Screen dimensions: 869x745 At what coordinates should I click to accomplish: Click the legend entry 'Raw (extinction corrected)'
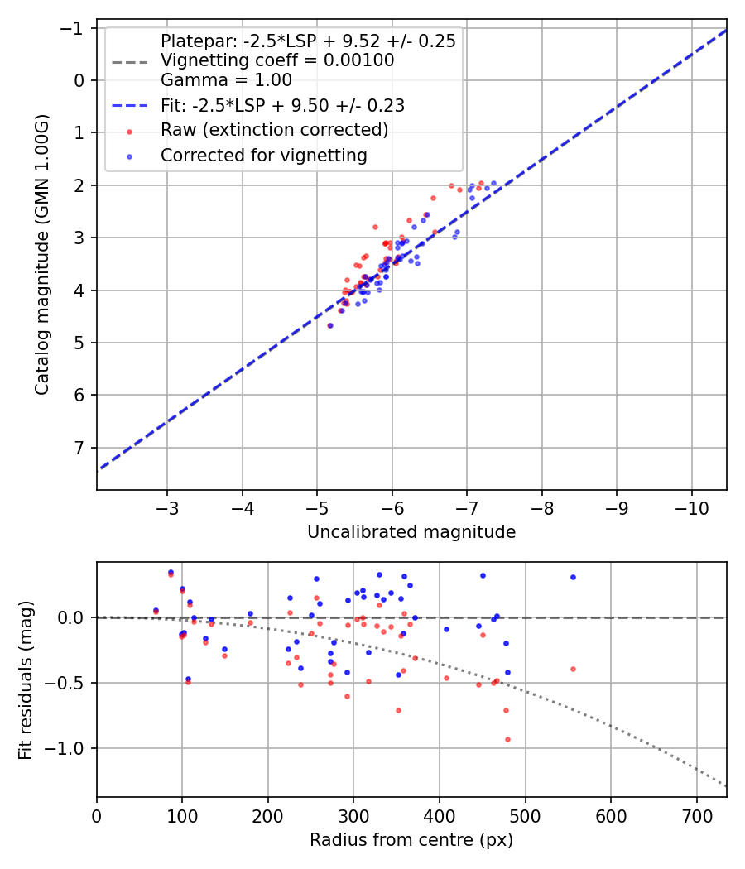pos(274,131)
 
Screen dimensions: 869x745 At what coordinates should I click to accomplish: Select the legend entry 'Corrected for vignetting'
pos(263,155)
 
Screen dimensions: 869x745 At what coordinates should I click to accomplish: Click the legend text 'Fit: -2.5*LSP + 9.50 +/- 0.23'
pos(282,106)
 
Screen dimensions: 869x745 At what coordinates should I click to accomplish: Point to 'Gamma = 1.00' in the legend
pos(226,81)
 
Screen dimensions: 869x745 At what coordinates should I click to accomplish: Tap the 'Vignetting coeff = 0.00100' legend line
pos(277,60)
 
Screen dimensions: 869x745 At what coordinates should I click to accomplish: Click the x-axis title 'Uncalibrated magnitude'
pos(411,532)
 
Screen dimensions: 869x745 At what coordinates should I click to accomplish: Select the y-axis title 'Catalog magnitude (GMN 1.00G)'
pos(42,255)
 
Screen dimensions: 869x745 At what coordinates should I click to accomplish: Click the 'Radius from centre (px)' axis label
pos(411,840)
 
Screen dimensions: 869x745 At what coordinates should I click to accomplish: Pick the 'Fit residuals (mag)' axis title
pos(26,680)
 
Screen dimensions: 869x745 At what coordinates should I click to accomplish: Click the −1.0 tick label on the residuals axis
pos(68,748)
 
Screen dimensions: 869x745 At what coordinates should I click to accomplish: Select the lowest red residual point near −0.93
pos(507,739)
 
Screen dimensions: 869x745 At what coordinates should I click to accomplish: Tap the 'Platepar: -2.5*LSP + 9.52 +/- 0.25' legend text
pos(308,41)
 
